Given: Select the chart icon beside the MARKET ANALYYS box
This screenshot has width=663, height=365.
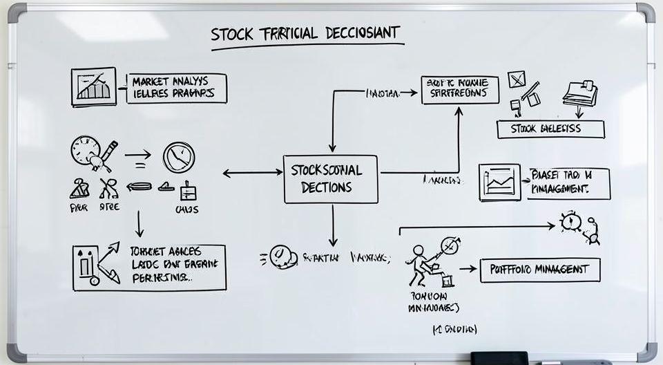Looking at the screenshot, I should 93,86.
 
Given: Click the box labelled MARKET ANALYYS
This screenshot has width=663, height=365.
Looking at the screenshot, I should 176,88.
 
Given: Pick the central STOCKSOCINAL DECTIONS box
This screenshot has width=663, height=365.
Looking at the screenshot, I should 331,178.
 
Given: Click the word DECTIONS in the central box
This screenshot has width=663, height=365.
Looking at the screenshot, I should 327,187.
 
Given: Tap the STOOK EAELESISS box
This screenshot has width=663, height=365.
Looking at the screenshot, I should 550,129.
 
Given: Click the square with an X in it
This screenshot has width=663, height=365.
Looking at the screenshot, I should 516,80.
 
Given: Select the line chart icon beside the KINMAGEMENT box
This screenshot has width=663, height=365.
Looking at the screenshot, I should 499,182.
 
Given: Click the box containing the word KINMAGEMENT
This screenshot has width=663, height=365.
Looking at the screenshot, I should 568,182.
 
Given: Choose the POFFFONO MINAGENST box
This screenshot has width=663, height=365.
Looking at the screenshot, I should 539,270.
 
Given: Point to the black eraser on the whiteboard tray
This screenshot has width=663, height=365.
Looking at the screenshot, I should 499,358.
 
